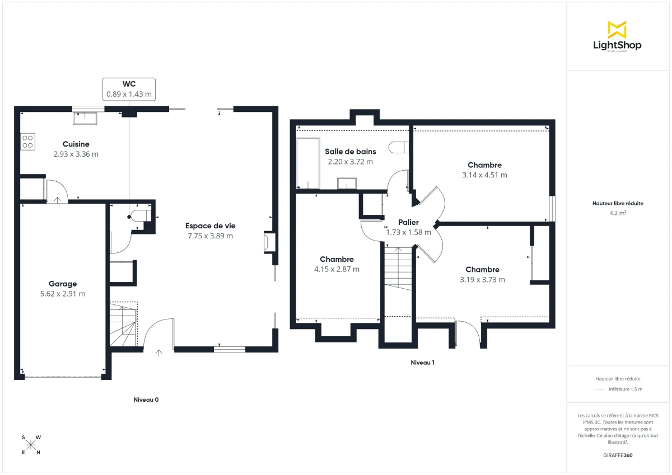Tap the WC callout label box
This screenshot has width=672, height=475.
click(x=129, y=89)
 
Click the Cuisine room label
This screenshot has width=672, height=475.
click(x=76, y=144)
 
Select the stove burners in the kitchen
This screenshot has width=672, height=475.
click(x=28, y=142)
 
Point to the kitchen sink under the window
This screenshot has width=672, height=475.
click(x=85, y=118)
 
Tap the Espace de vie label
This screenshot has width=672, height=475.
click(x=210, y=226)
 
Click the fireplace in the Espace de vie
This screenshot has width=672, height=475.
click(x=268, y=242)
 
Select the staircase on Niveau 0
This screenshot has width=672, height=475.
click(x=123, y=324)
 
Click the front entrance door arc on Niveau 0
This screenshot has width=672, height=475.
click(x=158, y=333)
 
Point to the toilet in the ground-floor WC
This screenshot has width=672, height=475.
click(x=140, y=217)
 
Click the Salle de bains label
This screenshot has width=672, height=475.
click(x=350, y=151)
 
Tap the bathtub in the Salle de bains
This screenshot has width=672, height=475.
click(x=308, y=163)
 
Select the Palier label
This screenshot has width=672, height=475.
click(x=408, y=223)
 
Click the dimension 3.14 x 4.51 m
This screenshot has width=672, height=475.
click(x=484, y=175)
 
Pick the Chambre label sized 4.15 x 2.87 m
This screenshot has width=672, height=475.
click(x=337, y=260)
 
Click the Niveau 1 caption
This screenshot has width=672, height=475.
click(x=422, y=363)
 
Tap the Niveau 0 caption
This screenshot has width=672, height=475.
click(x=146, y=400)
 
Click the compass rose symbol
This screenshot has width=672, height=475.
click(x=31, y=445)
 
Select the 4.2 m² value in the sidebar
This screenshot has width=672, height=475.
click(x=617, y=213)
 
